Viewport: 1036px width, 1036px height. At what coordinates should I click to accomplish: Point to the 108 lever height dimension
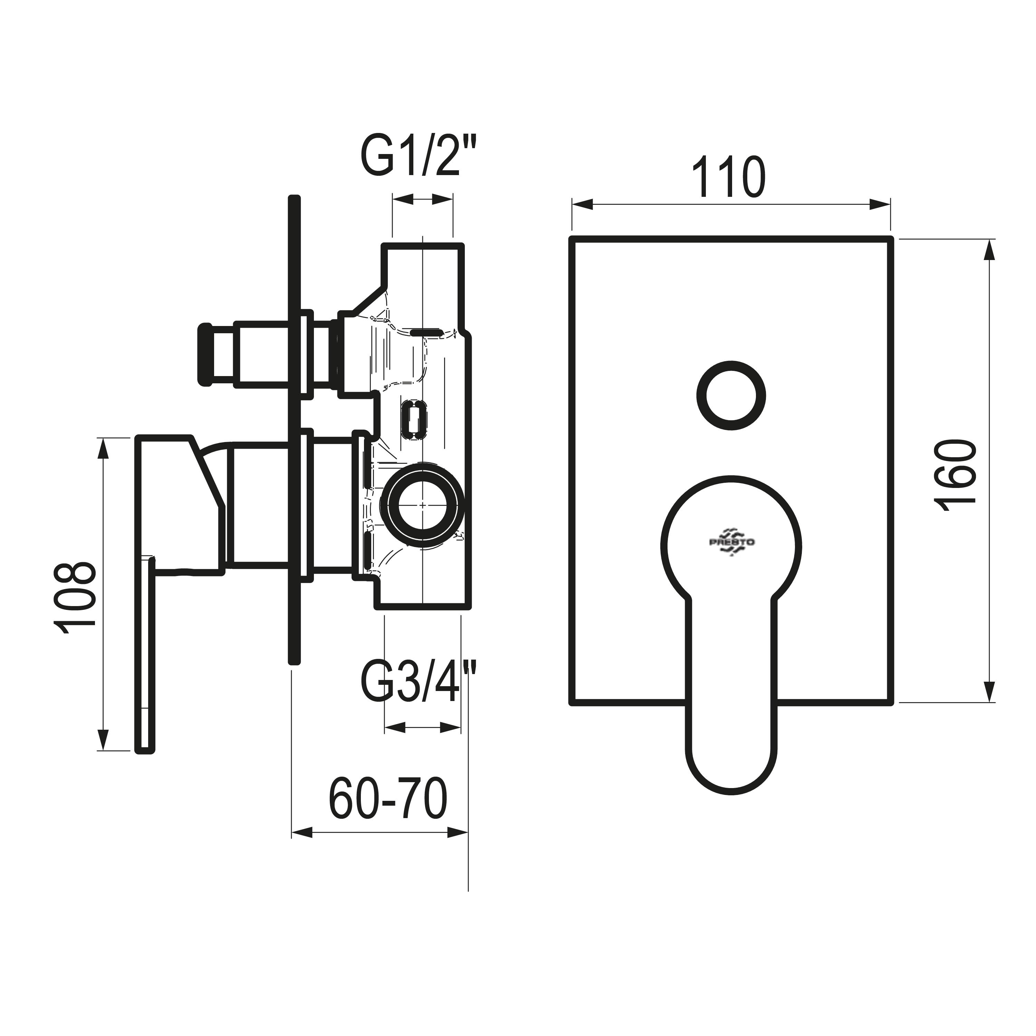pos(75,598)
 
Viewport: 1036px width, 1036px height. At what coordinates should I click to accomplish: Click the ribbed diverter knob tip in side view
pos(206,354)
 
